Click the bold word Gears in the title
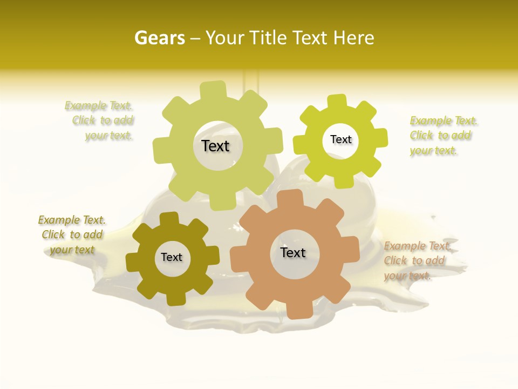[x=159, y=38]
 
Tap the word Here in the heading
[x=353, y=38]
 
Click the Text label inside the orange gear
[x=293, y=253]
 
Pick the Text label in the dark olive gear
[x=172, y=258]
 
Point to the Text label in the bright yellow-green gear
[x=340, y=139]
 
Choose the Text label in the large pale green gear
[x=215, y=146]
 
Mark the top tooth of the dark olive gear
[x=169, y=219]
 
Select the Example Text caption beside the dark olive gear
[x=72, y=235]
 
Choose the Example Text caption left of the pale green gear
[x=100, y=120]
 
